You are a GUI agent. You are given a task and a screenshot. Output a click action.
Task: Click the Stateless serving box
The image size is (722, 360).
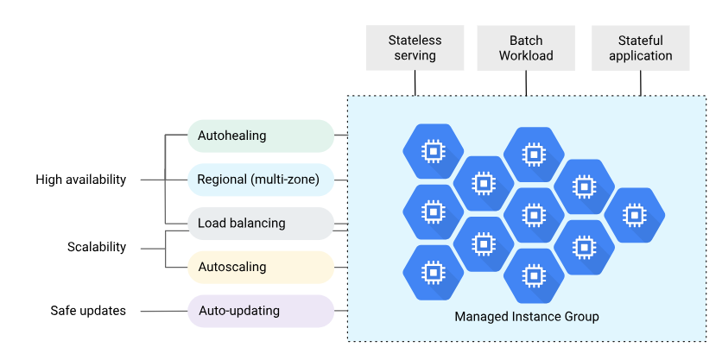[415, 47]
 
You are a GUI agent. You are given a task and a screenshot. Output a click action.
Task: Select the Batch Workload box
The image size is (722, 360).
[526, 47]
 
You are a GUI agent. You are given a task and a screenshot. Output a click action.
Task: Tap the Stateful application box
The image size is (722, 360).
[640, 47]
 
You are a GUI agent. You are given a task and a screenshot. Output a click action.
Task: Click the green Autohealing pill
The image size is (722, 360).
[260, 136]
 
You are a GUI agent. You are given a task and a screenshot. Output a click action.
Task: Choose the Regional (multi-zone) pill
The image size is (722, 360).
[260, 180]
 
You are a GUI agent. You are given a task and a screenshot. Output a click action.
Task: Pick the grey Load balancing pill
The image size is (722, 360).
[260, 224]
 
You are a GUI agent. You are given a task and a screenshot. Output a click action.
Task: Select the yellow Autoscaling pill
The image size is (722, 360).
[260, 268]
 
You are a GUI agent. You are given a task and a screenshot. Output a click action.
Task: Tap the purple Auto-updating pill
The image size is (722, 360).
[260, 311]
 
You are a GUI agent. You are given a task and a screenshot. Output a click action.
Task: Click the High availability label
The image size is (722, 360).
[81, 180]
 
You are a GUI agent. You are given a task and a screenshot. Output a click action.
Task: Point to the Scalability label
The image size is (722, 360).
[97, 247]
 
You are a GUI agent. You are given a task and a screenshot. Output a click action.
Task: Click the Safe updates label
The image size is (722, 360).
[88, 311]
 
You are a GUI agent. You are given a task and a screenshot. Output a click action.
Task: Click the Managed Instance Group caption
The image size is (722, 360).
[526, 317]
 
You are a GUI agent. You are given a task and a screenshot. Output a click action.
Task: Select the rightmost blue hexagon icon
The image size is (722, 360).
[634, 214]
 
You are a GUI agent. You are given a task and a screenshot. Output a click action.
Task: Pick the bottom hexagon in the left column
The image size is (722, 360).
[433, 273]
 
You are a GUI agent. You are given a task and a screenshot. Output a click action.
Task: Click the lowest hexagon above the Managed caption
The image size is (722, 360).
[533, 275]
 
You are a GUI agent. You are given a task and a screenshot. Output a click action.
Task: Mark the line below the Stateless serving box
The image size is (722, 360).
[415, 82]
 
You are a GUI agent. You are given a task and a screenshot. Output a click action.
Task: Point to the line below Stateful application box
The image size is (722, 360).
[640, 82]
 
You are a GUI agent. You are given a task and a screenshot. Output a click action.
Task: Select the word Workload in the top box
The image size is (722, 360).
[526, 56]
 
